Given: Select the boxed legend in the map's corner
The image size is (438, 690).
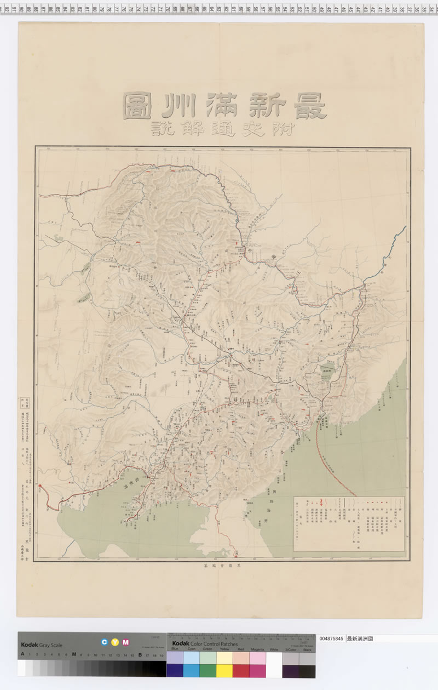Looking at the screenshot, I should [x=349, y=523].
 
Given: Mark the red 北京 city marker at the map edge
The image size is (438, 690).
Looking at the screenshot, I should [x=40, y=486].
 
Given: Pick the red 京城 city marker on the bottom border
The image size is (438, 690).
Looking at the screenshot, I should [x=236, y=555].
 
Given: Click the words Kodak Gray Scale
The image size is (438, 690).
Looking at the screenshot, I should [x=42, y=645].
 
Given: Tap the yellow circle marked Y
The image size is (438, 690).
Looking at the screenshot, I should [x=115, y=642].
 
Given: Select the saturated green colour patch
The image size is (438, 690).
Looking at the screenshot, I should [x=208, y=671].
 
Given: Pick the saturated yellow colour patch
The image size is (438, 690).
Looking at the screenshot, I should [x=224, y=671].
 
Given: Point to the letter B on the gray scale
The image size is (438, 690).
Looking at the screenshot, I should [x=140, y=654].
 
